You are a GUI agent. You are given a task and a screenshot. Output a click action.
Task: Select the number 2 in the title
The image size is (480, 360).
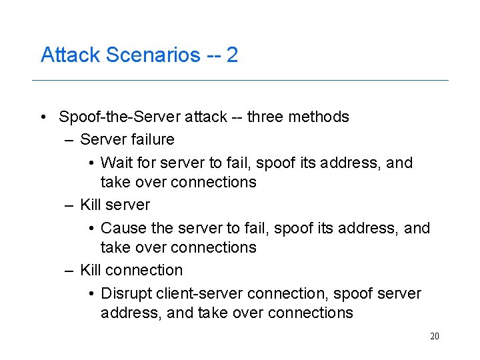coord(232,55)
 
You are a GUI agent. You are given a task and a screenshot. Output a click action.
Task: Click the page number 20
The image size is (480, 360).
coord(435,336)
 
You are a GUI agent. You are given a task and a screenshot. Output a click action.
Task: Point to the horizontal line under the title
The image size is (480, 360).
coord(240,81)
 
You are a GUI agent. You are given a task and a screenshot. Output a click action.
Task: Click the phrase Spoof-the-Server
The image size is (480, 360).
coord(119,117)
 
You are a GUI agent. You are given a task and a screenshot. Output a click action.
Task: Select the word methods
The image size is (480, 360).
coord(319,117)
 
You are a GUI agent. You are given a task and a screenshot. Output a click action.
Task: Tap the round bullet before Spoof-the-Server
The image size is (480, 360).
coord(43,117)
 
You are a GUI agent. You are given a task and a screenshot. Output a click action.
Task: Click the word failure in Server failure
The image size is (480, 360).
coord(153,140)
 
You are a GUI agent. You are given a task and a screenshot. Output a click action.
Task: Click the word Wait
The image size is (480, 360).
coord(117,163)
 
